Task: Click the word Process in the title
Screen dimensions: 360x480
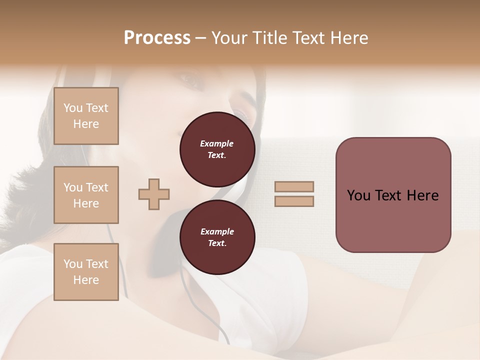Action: click(x=157, y=38)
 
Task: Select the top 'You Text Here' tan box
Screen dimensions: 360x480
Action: click(x=86, y=116)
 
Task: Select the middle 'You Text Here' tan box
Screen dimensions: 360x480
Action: click(x=86, y=195)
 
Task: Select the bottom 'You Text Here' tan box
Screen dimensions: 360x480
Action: click(x=86, y=272)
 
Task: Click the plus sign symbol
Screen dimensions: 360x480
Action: click(x=154, y=194)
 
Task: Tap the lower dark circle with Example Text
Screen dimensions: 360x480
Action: click(x=217, y=237)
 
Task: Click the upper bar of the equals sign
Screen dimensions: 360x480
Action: click(x=294, y=187)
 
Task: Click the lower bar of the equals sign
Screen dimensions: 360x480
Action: click(x=294, y=201)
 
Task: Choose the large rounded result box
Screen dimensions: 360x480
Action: click(x=393, y=195)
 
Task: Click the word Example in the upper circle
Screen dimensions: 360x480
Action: click(x=216, y=143)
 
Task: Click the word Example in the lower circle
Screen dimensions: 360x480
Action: click(x=216, y=231)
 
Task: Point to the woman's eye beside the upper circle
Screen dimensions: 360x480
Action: click(x=242, y=114)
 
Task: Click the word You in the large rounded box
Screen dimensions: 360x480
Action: click(x=358, y=195)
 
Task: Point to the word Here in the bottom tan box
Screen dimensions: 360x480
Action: click(x=86, y=280)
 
